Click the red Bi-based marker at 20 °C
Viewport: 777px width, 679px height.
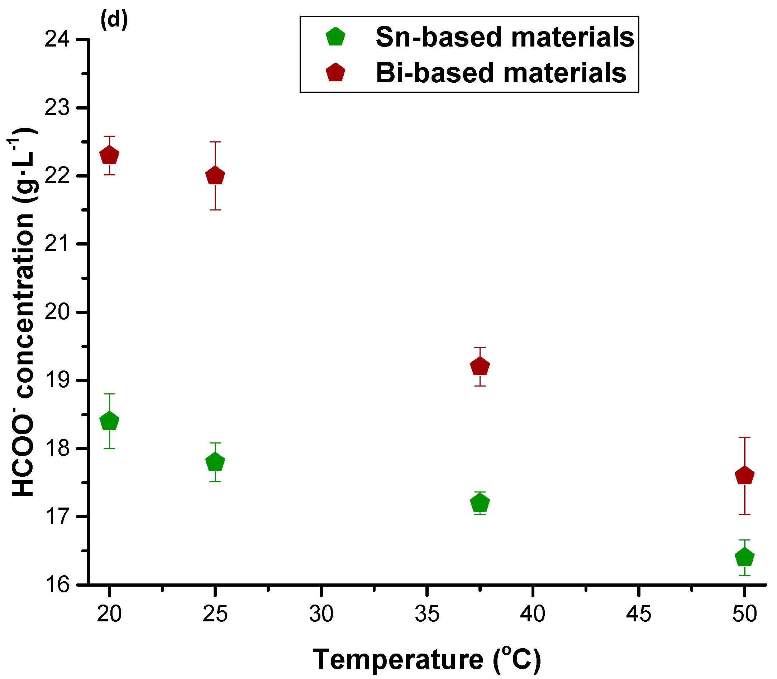pos(109,155)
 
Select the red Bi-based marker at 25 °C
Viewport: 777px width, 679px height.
pos(215,176)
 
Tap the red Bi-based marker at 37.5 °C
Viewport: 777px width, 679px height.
pos(480,367)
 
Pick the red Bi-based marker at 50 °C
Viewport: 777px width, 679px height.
pos(745,476)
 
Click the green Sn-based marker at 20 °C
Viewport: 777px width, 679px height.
pos(109,421)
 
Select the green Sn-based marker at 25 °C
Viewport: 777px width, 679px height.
pos(215,462)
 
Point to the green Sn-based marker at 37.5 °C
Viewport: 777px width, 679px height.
pos(480,503)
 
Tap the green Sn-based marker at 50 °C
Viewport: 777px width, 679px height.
pos(745,557)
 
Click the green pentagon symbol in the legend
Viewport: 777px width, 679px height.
pos(335,37)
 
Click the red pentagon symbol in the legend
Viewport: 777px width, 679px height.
pos(335,73)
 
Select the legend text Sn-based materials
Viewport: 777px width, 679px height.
pos(505,37)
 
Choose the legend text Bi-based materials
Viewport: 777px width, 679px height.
pos(501,73)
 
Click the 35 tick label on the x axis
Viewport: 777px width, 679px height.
pos(427,614)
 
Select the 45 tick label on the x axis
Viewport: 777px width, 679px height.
pos(639,614)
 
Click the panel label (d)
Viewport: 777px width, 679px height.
pos(114,20)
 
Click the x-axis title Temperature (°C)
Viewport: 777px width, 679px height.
pos(427,660)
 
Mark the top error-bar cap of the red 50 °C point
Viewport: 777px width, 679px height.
pos(745,437)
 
